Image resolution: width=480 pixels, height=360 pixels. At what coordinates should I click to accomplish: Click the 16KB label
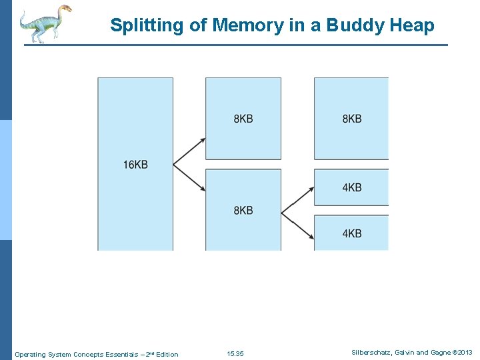tap(135, 165)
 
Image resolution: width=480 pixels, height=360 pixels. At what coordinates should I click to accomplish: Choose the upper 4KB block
tap(351, 187)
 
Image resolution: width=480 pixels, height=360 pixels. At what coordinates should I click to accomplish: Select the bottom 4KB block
tap(351, 233)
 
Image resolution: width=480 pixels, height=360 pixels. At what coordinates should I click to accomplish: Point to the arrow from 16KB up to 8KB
tap(190, 151)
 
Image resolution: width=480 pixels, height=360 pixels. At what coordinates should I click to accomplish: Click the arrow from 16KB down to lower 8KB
tap(190, 178)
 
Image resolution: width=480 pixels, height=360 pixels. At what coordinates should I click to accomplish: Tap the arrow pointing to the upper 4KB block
tap(298, 201)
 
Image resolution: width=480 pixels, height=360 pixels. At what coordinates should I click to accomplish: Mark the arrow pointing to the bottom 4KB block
tap(298, 226)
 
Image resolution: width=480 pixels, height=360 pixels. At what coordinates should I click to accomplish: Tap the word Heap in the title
tap(415, 26)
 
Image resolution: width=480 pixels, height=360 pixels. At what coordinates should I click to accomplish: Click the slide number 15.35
tap(235, 353)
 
